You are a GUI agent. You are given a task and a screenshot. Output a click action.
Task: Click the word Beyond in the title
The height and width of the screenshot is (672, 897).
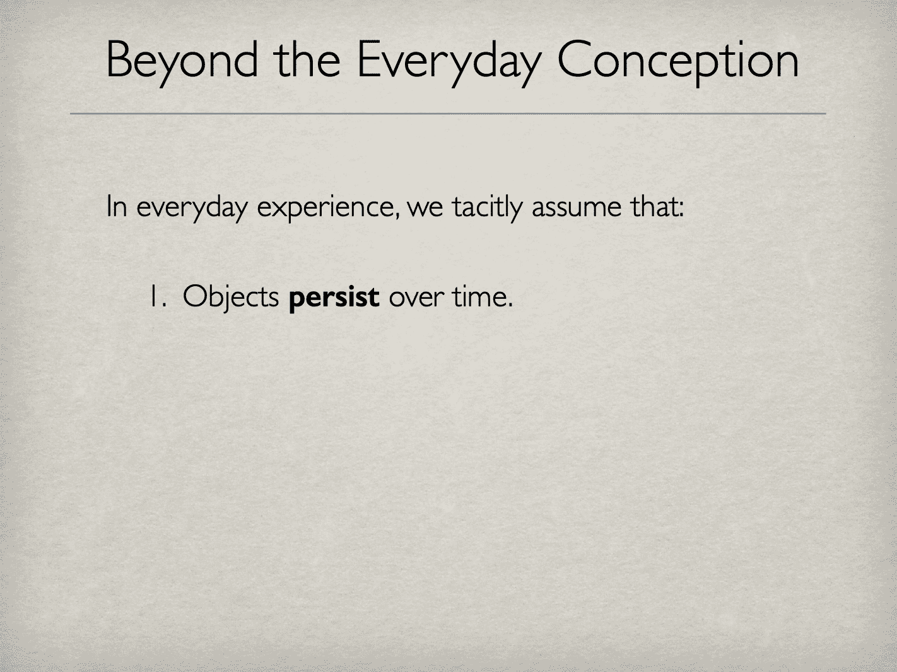[x=182, y=60]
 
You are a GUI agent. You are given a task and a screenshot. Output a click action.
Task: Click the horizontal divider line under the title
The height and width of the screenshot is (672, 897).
[x=448, y=114]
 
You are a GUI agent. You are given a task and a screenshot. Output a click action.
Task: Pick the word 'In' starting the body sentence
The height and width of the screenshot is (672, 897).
[x=117, y=206]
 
